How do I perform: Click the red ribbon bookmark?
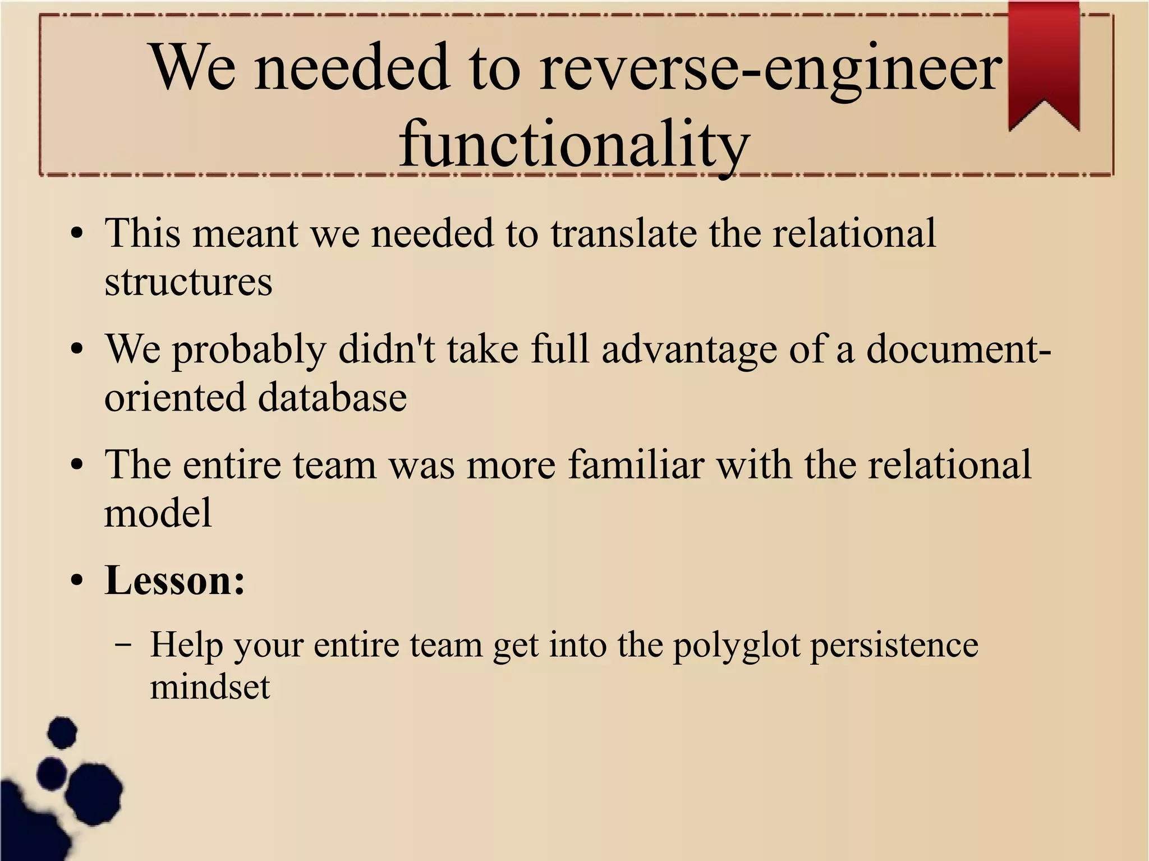click(1044, 62)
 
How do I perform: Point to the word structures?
click(189, 282)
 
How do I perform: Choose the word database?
click(332, 397)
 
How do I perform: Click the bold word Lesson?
click(175, 580)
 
